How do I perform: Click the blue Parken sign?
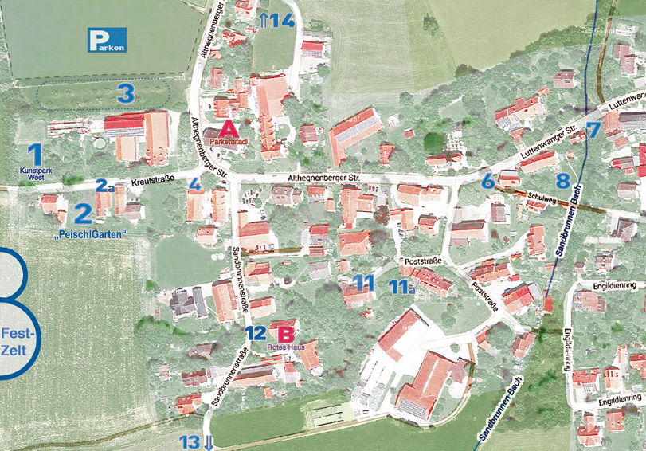(107, 40)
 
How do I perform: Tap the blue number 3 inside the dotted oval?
(124, 93)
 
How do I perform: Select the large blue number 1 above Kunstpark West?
(34, 153)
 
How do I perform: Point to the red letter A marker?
(228, 127)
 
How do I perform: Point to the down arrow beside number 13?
(209, 443)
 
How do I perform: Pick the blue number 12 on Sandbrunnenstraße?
(255, 333)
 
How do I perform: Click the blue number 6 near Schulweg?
(488, 181)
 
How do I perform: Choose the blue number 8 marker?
(562, 180)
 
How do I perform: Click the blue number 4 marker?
(194, 184)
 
